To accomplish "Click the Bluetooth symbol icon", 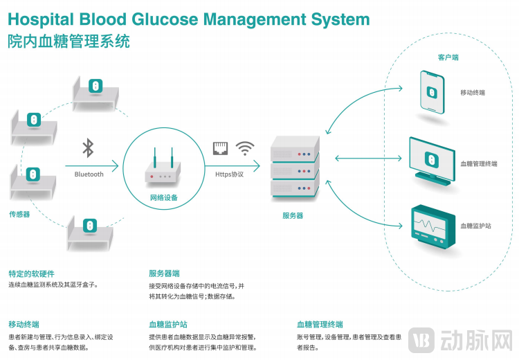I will click(88, 148).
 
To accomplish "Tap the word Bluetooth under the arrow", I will click(89, 174).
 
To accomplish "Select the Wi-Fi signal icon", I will click(245, 147).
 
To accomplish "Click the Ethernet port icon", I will click(221, 147).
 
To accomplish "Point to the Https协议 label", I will click(229, 174).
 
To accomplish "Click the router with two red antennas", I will click(163, 170).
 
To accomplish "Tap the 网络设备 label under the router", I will click(164, 198).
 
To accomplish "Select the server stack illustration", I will click(294, 166).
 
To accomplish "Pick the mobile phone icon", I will click(432, 91).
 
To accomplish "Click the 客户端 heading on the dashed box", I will click(448, 57).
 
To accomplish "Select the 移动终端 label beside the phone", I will click(473, 92).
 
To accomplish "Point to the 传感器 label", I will click(19, 214).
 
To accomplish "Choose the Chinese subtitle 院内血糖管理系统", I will click(69, 43).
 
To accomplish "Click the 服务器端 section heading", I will click(164, 273).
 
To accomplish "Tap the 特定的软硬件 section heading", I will click(31, 273).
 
